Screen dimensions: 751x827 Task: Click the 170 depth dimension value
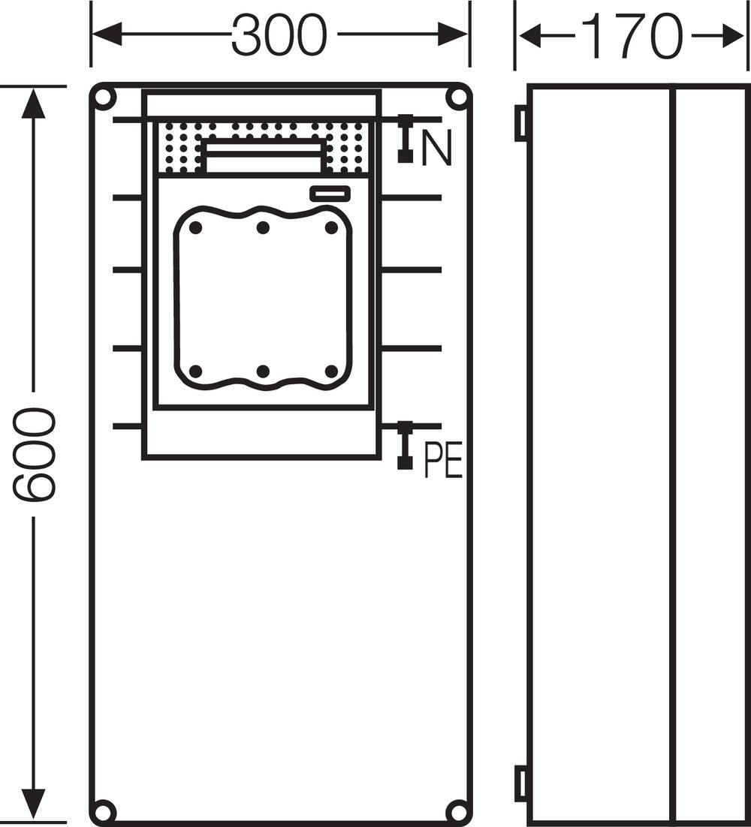click(633, 36)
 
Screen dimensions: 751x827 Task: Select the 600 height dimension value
click(33, 454)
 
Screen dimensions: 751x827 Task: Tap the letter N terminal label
click(436, 148)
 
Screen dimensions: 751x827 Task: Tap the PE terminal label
click(444, 461)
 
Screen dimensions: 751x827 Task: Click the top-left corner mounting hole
click(104, 98)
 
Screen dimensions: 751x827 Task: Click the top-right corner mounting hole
click(456, 98)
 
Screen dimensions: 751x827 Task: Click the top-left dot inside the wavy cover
click(195, 228)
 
